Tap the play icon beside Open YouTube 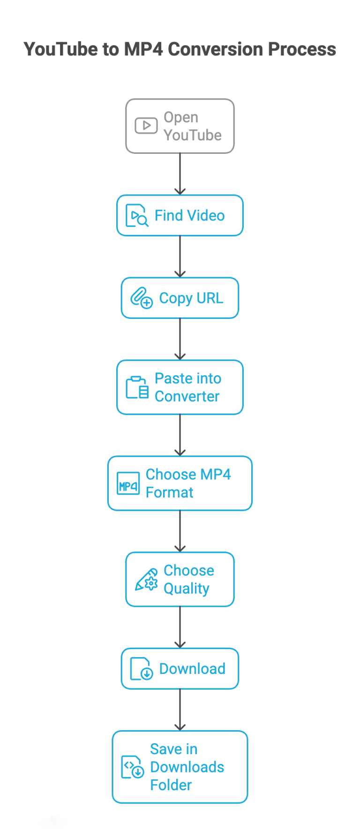point(146,126)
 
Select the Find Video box point(180,215)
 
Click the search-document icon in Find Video point(137,216)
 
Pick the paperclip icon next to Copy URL point(142,298)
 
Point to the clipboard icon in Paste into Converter point(137,387)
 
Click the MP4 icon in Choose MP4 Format point(128,484)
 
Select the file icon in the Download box point(142,669)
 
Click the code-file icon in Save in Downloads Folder point(133,767)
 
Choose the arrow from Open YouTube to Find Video point(180,174)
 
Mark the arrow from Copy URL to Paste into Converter point(180,339)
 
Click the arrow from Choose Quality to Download point(180,627)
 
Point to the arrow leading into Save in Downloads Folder point(180,710)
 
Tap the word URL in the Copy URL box point(210,298)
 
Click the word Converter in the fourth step point(187,396)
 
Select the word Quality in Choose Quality point(187,589)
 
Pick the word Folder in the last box point(171,785)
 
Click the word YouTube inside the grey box point(193,135)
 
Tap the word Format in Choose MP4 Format point(170,492)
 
